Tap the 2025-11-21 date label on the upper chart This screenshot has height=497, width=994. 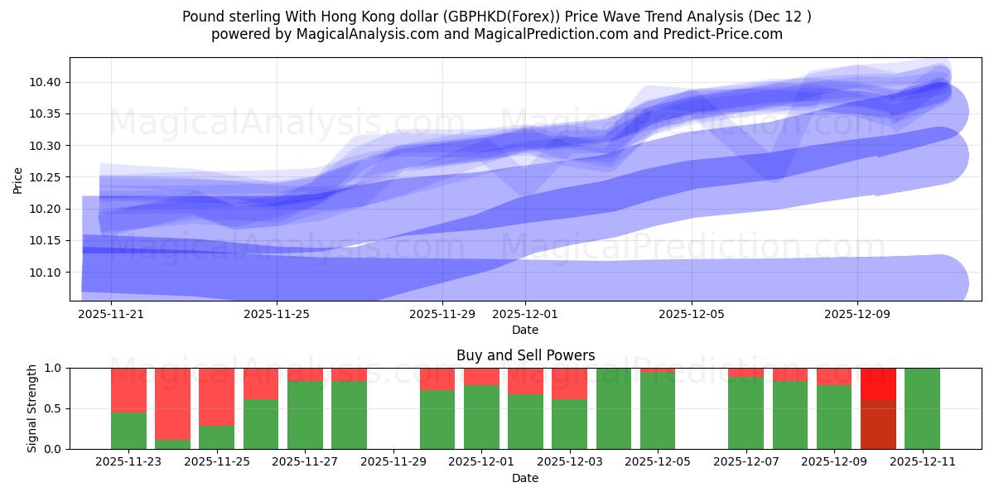click(110, 314)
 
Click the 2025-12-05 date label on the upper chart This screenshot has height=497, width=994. click(692, 314)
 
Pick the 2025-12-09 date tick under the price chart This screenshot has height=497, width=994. click(857, 314)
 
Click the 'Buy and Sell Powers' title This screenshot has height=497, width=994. click(525, 355)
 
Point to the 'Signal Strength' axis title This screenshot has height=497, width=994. click(31, 408)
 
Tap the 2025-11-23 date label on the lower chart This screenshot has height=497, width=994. click(128, 462)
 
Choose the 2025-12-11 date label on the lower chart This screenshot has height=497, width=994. click(922, 462)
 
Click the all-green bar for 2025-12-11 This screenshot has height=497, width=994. click(922, 408)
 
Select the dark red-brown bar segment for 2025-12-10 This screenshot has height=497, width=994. click(878, 424)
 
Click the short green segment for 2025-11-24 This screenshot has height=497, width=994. click(172, 444)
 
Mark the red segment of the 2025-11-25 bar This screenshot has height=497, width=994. click(216, 396)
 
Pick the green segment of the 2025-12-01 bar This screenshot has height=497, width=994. click(481, 417)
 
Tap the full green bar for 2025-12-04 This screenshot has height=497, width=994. click(614, 408)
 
